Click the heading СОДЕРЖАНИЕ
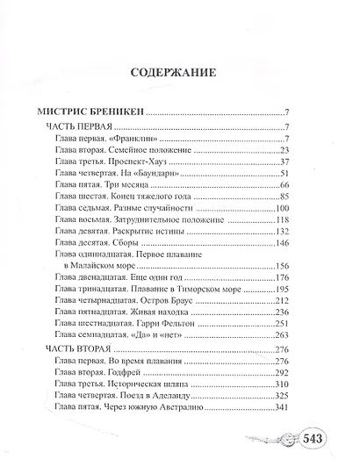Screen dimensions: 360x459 (179, 74)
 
